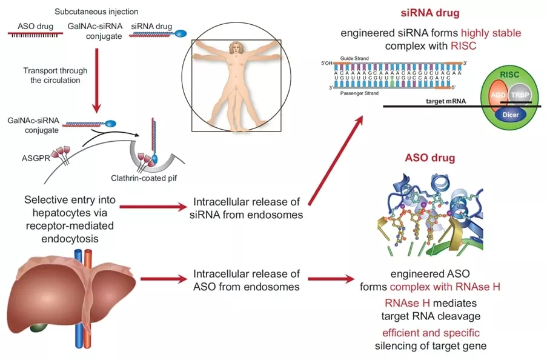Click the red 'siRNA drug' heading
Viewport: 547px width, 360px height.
click(x=430, y=13)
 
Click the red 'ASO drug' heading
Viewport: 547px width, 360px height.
click(x=430, y=159)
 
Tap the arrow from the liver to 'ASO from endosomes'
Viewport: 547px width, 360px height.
click(x=162, y=280)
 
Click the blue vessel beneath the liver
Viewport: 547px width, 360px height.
click(x=77, y=339)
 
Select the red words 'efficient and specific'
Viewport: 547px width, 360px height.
click(x=431, y=333)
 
